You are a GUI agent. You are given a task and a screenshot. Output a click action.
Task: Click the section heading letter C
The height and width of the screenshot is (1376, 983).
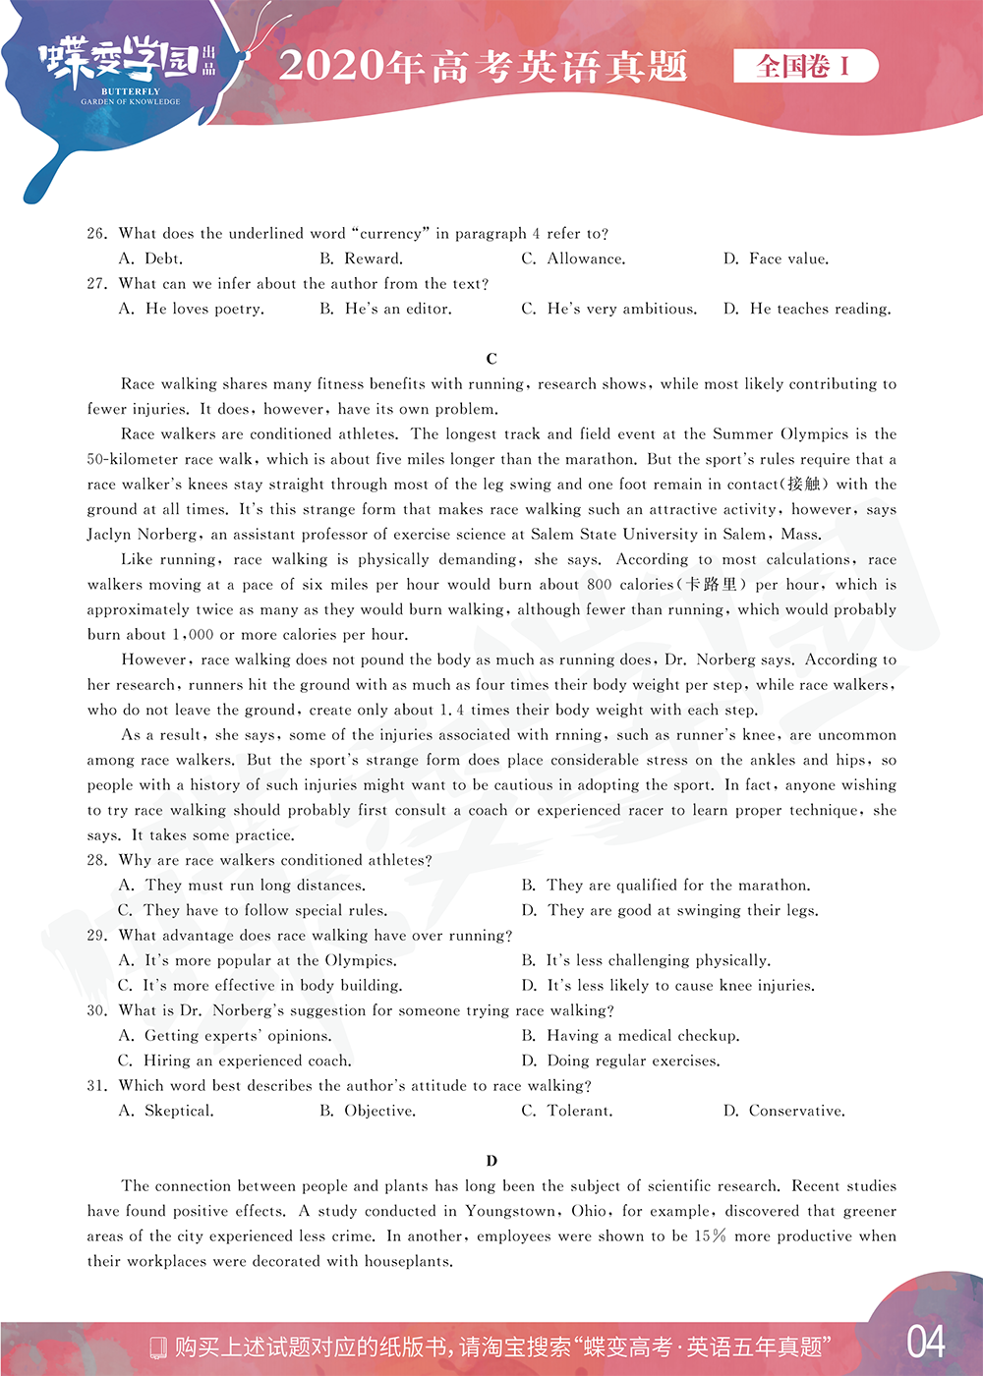pyautogui.click(x=491, y=359)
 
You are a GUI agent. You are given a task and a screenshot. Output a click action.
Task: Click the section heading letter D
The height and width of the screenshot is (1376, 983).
pyautogui.click(x=491, y=1161)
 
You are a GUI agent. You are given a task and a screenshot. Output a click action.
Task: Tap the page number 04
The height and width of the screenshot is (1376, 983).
pyautogui.click(x=925, y=1343)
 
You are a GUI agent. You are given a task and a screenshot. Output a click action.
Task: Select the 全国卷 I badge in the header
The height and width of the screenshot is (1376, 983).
pyautogui.click(x=805, y=66)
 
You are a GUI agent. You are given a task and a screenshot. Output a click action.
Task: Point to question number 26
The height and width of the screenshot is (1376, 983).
pyautogui.click(x=96, y=234)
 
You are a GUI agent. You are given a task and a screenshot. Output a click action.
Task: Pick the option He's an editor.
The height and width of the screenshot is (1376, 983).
pyautogui.click(x=386, y=310)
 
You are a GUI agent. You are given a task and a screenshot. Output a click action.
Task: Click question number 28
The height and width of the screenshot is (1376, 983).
pyautogui.click(x=96, y=861)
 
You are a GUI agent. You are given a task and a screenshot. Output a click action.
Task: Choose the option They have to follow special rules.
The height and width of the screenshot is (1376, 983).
pyautogui.click(x=253, y=911)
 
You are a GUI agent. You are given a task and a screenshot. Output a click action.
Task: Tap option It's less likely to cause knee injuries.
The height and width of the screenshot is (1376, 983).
pyautogui.click(x=668, y=986)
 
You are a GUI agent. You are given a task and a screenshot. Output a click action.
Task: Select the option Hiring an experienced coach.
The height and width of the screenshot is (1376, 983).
pyautogui.click(x=235, y=1061)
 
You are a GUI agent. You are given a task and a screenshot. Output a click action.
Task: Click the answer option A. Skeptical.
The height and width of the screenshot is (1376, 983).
pyautogui.click(x=166, y=1112)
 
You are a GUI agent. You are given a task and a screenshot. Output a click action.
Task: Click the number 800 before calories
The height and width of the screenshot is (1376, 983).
pyautogui.click(x=599, y=585)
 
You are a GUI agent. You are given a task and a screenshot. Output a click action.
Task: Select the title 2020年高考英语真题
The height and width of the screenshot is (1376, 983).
pyautogui.click(x=483, y=66)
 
